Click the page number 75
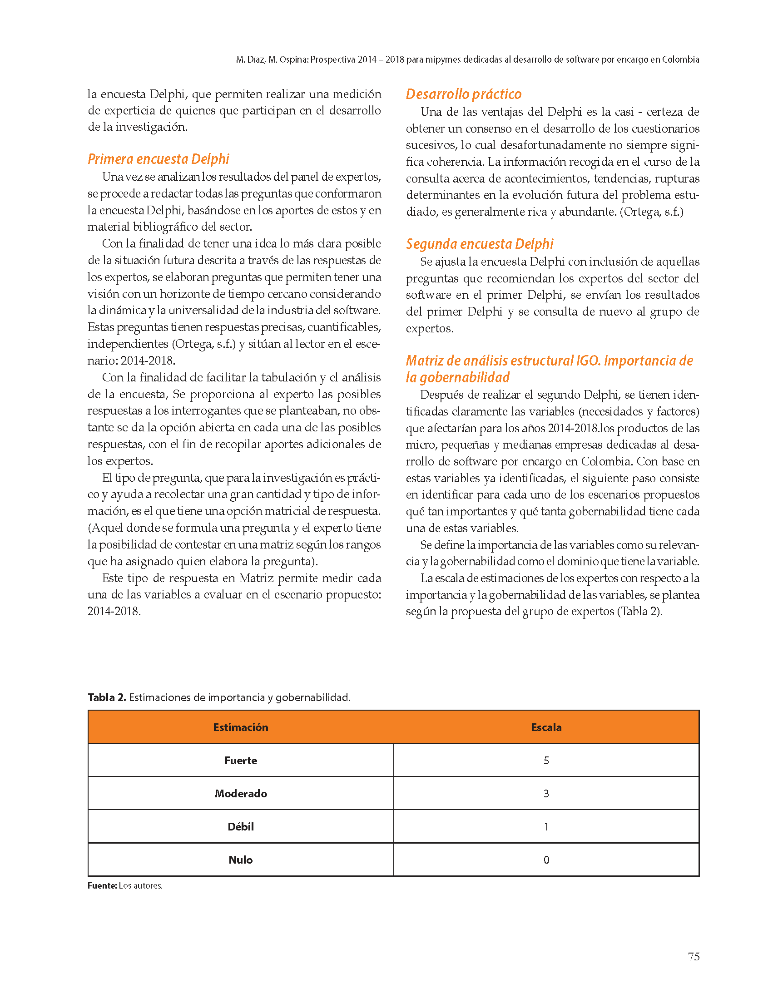(693, 957)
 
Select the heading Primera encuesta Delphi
(159, 159)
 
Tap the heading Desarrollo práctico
(463, 94)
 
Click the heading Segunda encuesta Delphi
(480, 244)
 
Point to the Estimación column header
(241, 727)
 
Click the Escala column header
(546, 727)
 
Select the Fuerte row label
(241, 760)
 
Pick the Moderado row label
(241, 793)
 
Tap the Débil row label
(241, 826)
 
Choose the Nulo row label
(241, 860)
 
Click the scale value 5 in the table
(546, 760)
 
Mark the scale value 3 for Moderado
(546, 793)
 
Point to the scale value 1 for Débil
(546, 826)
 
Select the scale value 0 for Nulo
(546, 860)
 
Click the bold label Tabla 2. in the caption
(107, 697)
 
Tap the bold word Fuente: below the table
(102, 885)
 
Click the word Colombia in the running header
(680, 59)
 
